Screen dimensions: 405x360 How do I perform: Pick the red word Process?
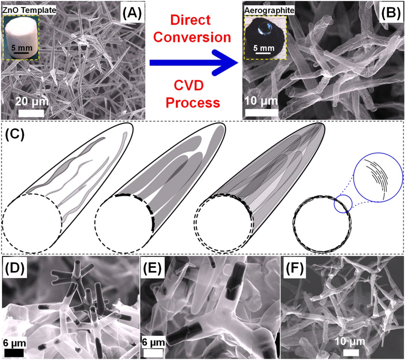click(194, 102)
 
